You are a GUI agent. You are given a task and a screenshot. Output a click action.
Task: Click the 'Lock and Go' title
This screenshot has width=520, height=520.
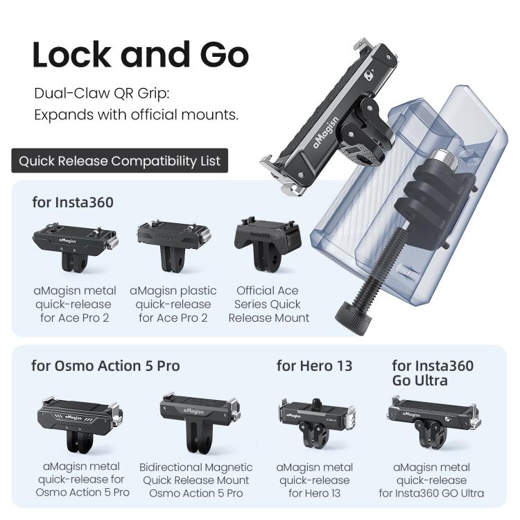coord(140,55)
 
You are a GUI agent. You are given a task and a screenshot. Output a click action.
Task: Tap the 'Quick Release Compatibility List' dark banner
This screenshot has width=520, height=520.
coord(119,162)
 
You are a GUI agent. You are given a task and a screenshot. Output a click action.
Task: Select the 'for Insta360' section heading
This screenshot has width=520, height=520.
coord(73,203)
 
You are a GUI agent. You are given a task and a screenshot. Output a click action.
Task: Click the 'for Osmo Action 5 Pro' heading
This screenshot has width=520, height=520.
coord(105,365)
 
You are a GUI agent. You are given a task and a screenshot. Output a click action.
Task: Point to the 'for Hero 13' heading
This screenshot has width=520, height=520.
coord(314,365)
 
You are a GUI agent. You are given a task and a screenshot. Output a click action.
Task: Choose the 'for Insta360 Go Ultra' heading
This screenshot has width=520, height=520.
coord(433,373)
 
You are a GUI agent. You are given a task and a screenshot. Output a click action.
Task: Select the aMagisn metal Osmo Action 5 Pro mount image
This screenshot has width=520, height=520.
coord(73,423)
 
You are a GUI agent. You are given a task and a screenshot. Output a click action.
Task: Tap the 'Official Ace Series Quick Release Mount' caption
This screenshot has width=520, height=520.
coord(268,304)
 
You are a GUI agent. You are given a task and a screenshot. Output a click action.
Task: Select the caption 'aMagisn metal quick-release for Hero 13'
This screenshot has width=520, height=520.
coord(314,480)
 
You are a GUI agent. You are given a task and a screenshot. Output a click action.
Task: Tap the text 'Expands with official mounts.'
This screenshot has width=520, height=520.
coord(136,114)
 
